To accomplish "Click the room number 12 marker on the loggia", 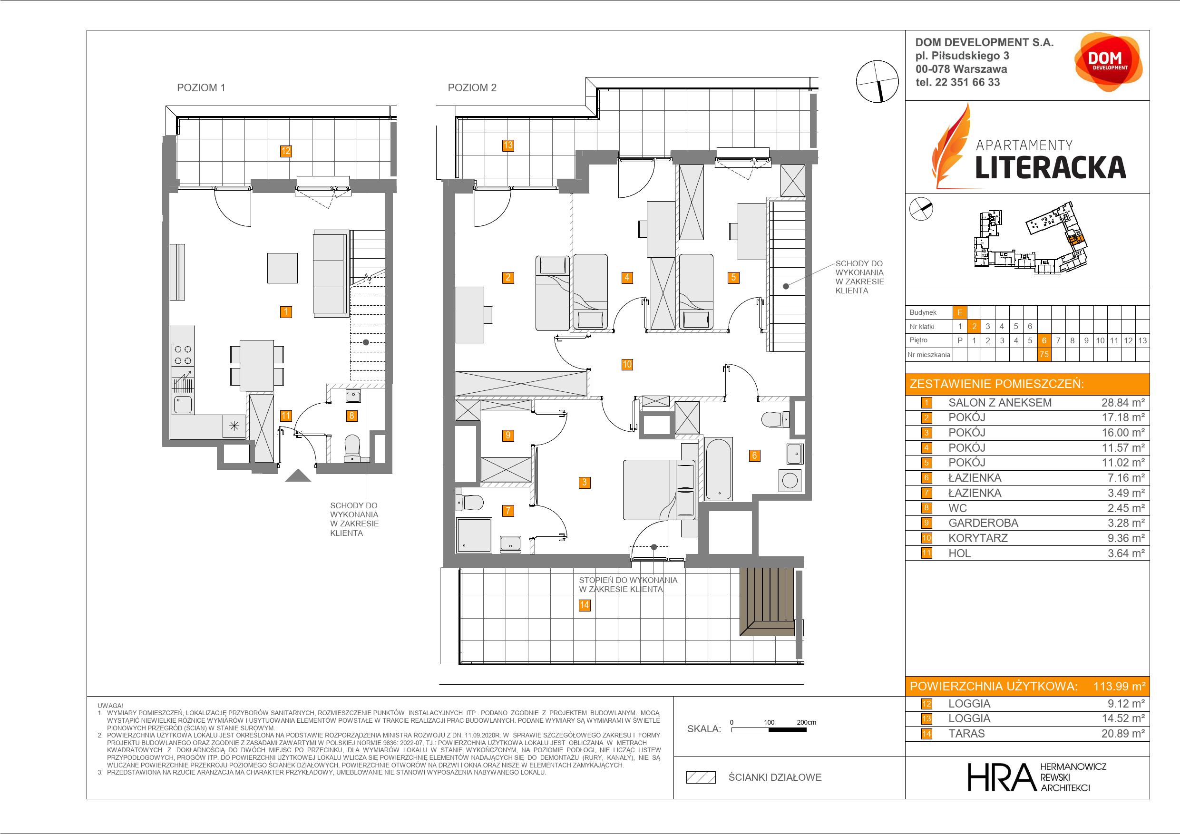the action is pyautogui.click(x=286, y=151).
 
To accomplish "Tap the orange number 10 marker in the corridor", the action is pyautogui.click(x=627, y=365).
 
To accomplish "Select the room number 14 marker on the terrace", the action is pyautogui.click(x=585, y=605).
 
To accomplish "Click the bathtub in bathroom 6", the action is pyautogui.click(x=719, y=469).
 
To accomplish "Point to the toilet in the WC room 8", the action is pyautogui.click(x=352, y=447).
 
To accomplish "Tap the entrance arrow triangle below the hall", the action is pyautogui.click(x=298, y=476).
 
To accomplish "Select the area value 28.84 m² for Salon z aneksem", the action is pyautogui.click(x=1123, y=403).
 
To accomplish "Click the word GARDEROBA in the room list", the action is pyautogui.click(x=983, y=523).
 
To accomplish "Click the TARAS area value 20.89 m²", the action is pyautogui.click(x=1123, y=734).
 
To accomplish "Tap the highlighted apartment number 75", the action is pyautogui.click(x=1044, y=355).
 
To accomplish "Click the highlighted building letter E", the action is pyautogui.click(x=959, y=312).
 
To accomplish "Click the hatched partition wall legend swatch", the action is pyautogui.click(x=701, y=777).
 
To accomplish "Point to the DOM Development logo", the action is pyautogui.click(x=1108, y=61).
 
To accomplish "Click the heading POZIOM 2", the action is pyautogui.click(x=472, y=88).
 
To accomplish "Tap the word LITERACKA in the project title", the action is pyautogui.click(x=1051, y=167).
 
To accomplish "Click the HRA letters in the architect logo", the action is pyautogui.click(x=1001, y=777).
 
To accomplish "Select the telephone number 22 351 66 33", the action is pyautogui.click(x=967, y=82).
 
